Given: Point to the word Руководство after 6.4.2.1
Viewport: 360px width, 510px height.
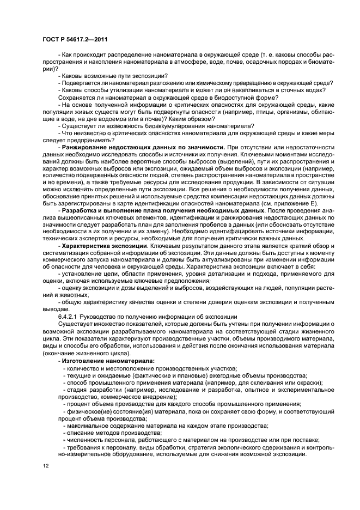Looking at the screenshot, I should (100, 317).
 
